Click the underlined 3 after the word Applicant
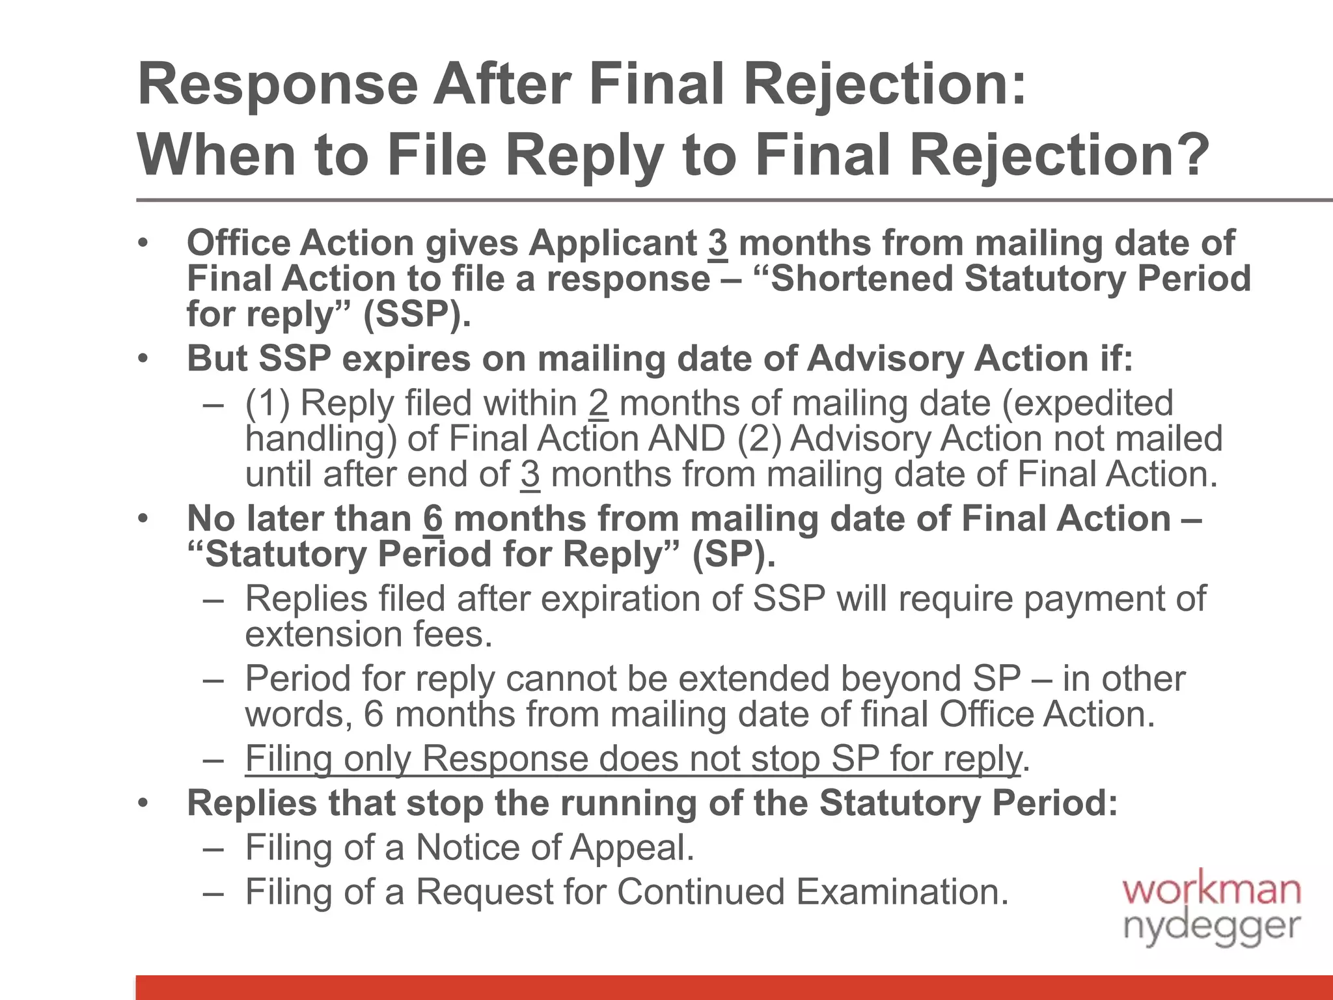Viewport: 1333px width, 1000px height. [x=718, y=243]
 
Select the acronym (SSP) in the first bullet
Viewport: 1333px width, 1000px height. [x=417, y=314]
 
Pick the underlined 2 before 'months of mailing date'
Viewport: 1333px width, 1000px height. [x=598, y=403]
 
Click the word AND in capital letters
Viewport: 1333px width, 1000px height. [x=686, y=438]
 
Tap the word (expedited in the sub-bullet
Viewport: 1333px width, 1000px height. [x=1087, y=403]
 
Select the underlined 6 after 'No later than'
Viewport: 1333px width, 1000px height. [x=433, y=519]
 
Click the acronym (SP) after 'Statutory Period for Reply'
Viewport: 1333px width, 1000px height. [x=734, y=554]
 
